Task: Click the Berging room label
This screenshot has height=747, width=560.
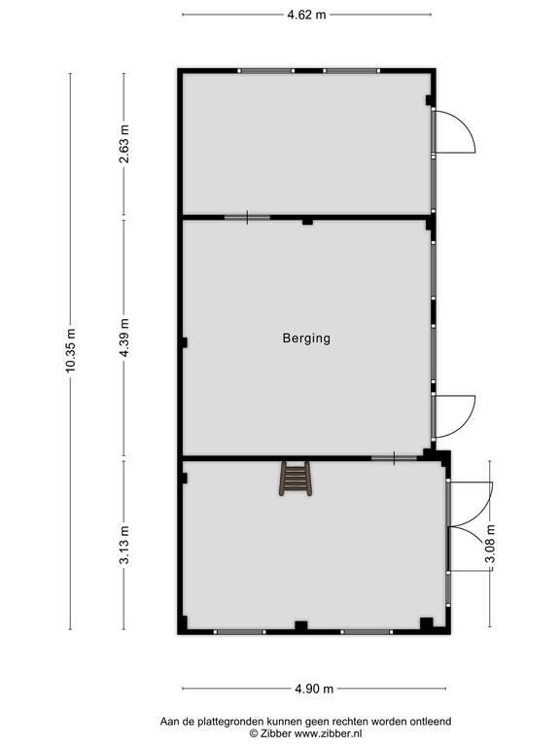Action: coord(306,338)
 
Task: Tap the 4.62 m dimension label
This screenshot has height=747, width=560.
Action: coord(306,15)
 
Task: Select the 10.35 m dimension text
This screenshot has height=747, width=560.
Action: coord(70,350)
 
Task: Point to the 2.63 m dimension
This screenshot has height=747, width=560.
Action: coord(123,144)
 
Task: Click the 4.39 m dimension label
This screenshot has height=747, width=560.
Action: coord(123,338)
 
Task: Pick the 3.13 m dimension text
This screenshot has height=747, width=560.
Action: coord(123,545)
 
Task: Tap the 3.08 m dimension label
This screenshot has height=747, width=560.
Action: coord(490,544)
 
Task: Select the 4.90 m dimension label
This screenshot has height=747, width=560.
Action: coord(314,689)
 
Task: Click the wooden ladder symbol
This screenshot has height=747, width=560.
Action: coord(296,479)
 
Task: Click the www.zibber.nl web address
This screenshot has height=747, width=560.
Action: coord(328,733)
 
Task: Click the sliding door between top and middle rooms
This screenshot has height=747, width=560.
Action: coord(247,218)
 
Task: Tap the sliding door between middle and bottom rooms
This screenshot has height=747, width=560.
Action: coord(395,458)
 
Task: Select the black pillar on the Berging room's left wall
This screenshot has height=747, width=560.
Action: coord(184,342)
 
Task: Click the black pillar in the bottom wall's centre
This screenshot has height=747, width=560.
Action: coord(301,626)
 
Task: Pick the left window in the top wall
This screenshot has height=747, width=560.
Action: coord(266,71)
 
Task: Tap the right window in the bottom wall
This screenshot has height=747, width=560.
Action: coord(366,632)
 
